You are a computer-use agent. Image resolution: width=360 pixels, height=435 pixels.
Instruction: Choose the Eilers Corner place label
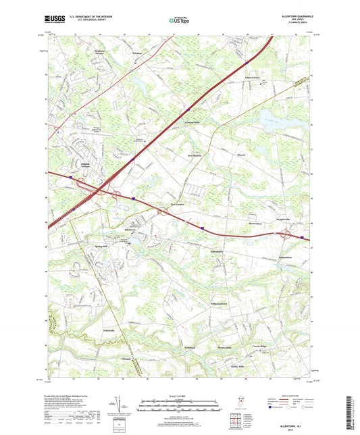click(253, 78)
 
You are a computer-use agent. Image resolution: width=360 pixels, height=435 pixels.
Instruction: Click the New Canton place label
click(178, 203)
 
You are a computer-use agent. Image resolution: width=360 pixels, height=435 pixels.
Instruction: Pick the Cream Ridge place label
click(261, 344)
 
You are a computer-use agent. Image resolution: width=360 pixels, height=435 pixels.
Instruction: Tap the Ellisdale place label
click(125, 358)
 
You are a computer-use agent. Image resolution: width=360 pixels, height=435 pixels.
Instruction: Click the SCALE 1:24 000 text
click(179, 396)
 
